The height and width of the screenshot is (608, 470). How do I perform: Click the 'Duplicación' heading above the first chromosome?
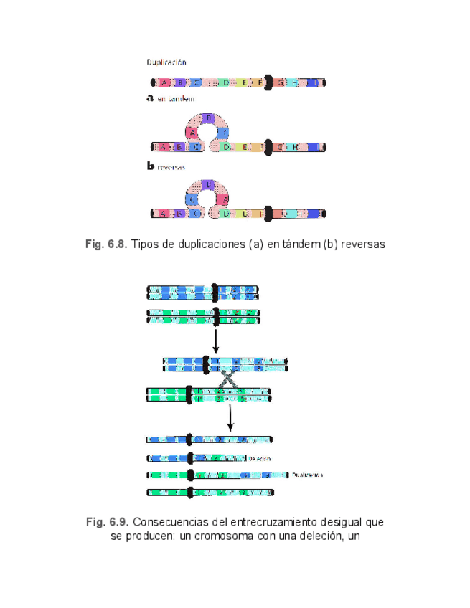[x=166, y=62]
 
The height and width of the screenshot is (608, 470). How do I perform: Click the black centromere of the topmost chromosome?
[x=268, y=82]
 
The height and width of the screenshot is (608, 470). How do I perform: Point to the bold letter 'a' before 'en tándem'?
[x=150, y=99]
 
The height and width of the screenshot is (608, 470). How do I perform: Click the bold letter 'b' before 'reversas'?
[x=150, y=166]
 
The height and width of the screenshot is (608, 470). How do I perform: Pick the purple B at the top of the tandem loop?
[x=207, y=118]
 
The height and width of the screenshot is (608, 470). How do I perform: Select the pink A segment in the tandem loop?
[x=193, y=131]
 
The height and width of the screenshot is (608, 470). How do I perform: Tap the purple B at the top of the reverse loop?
[x=208, y=184]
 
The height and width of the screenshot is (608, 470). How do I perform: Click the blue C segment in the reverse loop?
[x=192, y=198]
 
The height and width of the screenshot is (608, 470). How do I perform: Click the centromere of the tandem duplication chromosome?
[x=268, y=147]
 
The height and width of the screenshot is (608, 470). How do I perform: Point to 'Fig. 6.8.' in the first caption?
[x=106, y=244]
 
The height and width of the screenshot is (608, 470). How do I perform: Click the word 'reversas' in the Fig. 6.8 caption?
[x=363, y=244]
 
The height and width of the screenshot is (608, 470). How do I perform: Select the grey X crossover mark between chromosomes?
[x=228, y=379]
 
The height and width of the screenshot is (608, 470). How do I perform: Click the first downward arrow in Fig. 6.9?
[x=215, y=341]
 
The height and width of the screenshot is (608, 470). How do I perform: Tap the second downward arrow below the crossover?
[x=230, y=417]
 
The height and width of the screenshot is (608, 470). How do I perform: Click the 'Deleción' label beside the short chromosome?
[x=260, y=457]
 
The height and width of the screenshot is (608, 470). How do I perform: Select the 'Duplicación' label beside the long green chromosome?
[x=308, y=475]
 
